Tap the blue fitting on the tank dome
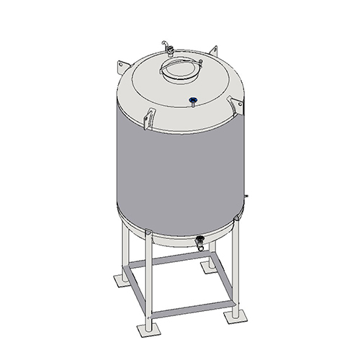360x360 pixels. [192, 99]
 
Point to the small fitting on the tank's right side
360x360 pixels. [246, 195]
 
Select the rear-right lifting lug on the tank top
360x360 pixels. [213, 50]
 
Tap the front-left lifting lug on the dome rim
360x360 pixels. [149, 118]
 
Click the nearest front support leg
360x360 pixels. [149, 281]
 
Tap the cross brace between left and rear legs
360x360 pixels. [167, 261]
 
